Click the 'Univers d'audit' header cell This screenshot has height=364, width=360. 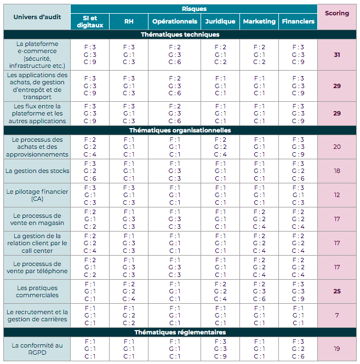(37, 16)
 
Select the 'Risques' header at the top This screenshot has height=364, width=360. (194, 9)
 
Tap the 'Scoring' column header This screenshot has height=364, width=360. (337, 13)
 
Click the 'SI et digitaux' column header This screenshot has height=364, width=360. (90, 22)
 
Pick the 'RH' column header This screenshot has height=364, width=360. (129, 22)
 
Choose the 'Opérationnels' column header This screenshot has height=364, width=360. (175, 22)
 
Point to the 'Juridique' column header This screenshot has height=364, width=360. (220, 22)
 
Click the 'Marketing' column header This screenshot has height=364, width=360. (259, 22)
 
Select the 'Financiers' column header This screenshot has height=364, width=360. (298, 22)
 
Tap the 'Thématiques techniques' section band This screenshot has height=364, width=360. (180, 34)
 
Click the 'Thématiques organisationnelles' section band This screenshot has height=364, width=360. (180, 130)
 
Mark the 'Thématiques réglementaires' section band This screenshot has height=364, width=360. (180, 332)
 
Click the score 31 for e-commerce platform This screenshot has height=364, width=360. (337, 55)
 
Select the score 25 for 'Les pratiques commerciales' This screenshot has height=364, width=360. (337, 291)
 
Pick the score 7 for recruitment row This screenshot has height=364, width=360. (337, 315)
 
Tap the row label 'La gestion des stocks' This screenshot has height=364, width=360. (37, 171)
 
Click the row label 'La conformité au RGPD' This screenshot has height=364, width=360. (37, 349)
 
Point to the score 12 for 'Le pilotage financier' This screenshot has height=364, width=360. (337, 195)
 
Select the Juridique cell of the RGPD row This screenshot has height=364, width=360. (220, 349)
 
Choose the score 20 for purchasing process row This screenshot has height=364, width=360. (337, 147)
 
